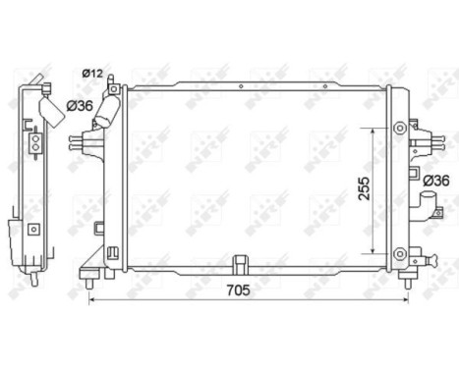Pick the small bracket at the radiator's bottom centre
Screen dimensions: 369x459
coord(240,263)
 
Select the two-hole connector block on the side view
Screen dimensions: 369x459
coord(36,143)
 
